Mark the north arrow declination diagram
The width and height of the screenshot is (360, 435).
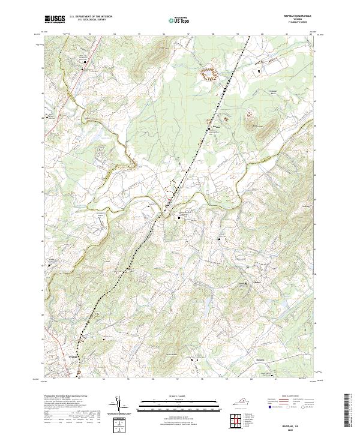tap(119, 406)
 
